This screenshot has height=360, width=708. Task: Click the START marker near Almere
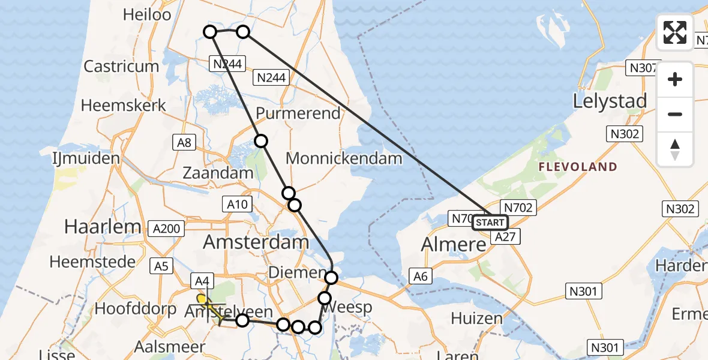click(x=490, y=223)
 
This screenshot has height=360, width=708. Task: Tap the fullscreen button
click(x=675, y=32)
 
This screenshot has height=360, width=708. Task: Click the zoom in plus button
click(x=675, y=79)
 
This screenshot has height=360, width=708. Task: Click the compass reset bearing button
click(x=675, y=149)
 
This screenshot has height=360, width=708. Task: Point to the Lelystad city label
click(x=610, y=101)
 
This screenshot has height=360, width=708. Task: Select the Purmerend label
click(x=298, y=113)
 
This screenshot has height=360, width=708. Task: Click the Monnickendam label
click(x=344, y=158)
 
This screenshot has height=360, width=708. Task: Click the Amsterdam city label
click(x=256, y=242)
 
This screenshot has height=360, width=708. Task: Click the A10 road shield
click(x=238, y=205)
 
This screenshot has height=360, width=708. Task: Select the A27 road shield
click(x=505, y=238)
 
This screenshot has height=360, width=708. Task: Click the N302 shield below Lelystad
click(x=625, y=133)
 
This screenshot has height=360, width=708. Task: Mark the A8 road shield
click(x=184, y=142)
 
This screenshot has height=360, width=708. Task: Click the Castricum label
click(x=121, y=66)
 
